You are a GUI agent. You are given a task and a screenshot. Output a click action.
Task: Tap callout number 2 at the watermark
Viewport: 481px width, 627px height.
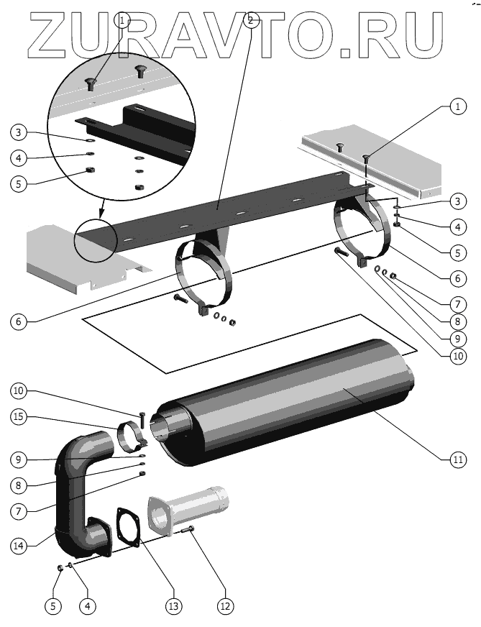(250, 21)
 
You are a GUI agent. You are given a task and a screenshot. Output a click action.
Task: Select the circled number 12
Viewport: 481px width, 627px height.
(225, 606)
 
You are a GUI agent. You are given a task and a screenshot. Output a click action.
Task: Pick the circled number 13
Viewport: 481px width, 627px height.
(173, 606)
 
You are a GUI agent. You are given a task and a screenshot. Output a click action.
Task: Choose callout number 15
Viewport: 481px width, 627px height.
(19, 416)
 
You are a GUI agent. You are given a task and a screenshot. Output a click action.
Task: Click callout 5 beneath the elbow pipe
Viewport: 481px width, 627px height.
(52, 606)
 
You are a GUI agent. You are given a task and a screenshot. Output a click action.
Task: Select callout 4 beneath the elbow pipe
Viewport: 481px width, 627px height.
(87, 606)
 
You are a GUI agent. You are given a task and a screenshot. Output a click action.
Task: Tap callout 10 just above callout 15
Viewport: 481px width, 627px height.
(19, 391)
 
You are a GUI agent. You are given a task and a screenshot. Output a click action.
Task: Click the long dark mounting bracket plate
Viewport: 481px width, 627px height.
(237, 209)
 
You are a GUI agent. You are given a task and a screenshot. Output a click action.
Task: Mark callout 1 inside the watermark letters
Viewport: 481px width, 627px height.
(124, 21)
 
